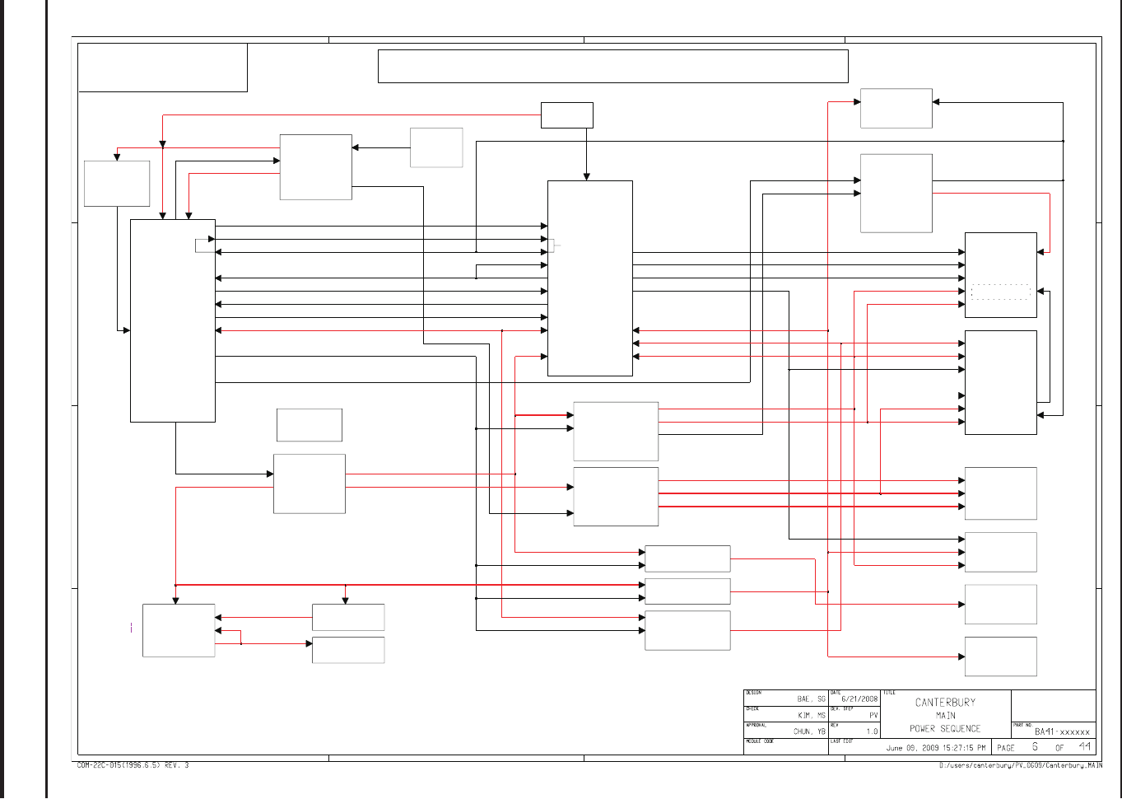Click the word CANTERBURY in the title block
(x=945, y=703)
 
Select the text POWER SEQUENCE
(x=945, y=729)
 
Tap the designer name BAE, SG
(x=811, y=699)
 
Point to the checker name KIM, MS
(x=811, y=716)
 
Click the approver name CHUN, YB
(x=809, y=731)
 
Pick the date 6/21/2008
(x=859, y=699)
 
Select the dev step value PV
(x=873, y=716)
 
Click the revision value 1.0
(x=872, y=731)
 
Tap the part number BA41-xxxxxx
(x=1062, y=731)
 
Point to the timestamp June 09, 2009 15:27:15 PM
(x=935, y=749)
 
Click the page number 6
(x=1035, y=747)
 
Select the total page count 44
(x=1085, y=747)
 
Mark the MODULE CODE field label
(x=760, y=741)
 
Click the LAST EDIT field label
(x=841, y=741)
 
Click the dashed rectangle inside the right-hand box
(x=1000, y=292)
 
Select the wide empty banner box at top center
(x=612, y=66)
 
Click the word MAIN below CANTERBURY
(x=945, y=716)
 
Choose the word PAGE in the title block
(x=1006, y=748)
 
